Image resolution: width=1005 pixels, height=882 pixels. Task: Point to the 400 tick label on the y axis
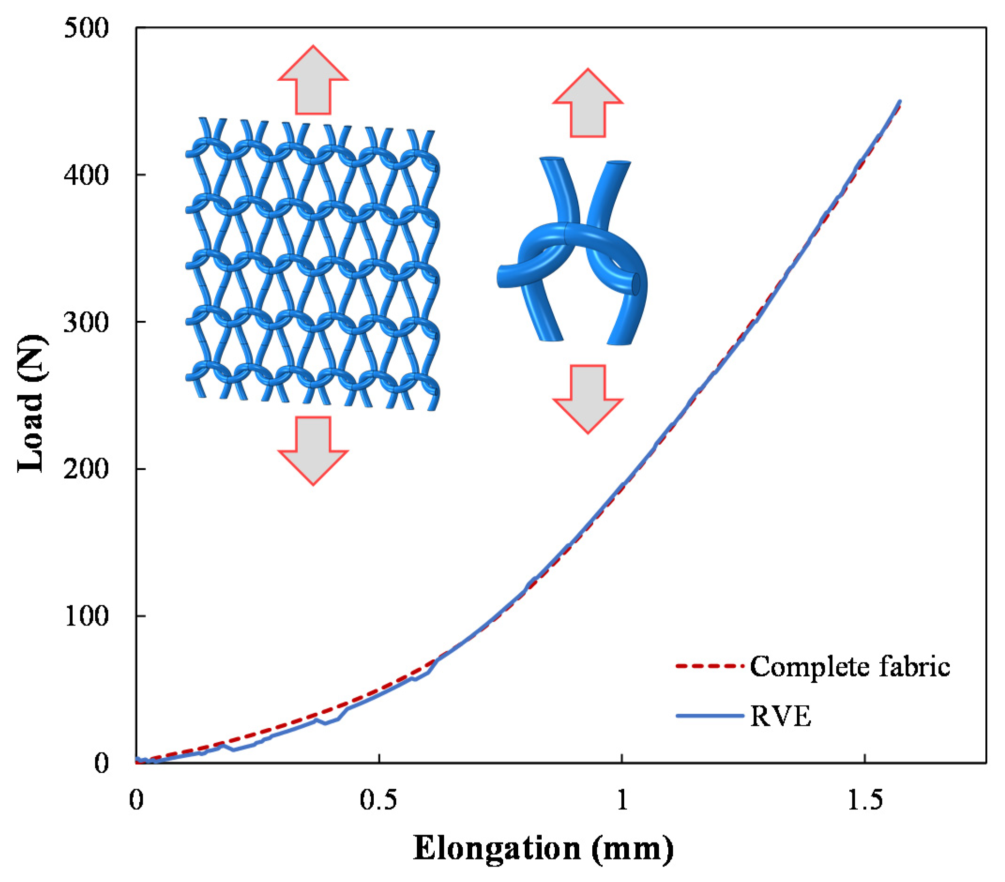85,175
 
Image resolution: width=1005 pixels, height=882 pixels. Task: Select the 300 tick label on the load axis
85,323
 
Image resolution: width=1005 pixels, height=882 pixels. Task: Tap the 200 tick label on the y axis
85,469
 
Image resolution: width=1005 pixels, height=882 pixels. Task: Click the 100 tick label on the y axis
85,616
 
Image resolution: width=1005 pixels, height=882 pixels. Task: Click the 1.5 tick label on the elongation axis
865,800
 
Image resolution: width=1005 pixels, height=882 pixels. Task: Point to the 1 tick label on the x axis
622,800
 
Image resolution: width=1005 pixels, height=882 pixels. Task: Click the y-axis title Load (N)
30,403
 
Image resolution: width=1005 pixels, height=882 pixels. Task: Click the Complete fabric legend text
850,667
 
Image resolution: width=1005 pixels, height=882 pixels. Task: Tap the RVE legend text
781,716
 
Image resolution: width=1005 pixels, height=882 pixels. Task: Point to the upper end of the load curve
899,102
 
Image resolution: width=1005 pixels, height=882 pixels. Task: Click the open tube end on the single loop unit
636,284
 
